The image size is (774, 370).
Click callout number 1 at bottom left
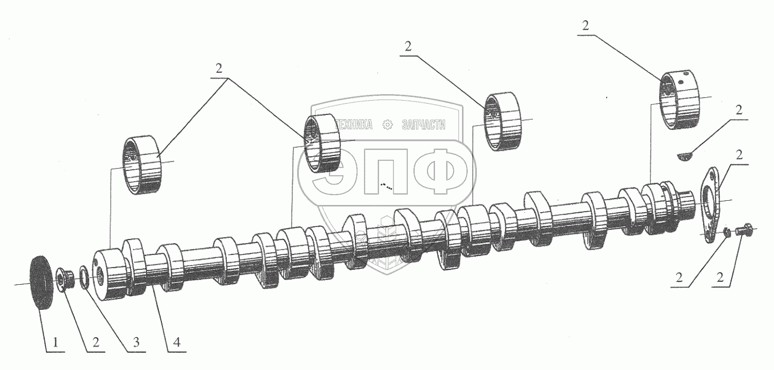point(55,343)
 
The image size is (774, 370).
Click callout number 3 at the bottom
point(136,343)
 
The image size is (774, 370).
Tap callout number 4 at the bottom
point(177,343)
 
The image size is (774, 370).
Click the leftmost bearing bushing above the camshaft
point(142,165)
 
